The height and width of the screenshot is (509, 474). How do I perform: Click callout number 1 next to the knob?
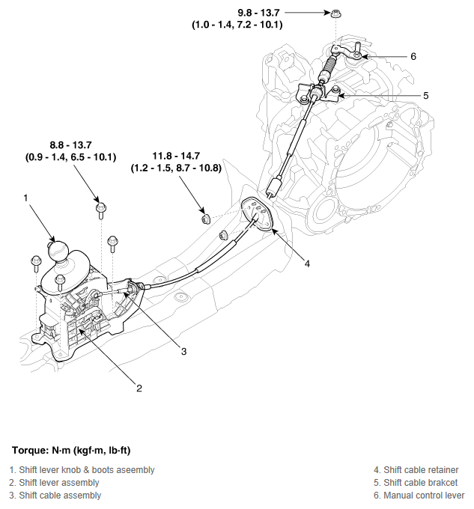pyautogui.click(x=25, y=198)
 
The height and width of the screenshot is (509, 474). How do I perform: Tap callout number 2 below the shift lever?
pyautogui.click(x=139, y=387)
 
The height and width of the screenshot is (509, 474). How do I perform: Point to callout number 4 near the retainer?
pyautogui.click(x=307, y=263)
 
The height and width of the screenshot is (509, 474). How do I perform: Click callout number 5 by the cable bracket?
pyautogui.click(x=425, y=96)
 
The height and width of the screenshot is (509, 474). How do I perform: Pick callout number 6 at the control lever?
pyautogui.click(x=413, y=56)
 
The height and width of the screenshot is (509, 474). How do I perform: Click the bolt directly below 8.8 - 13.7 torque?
pyautogui.click(x=100, y=208)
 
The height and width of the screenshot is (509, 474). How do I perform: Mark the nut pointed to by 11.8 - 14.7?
pyautogui.click(x=204, y=219)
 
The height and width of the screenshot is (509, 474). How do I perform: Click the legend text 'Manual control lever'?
pyautogui.click(x=423, y=496)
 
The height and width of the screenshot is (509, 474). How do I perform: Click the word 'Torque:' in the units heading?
pyautogui.click(x=29, y=451)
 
